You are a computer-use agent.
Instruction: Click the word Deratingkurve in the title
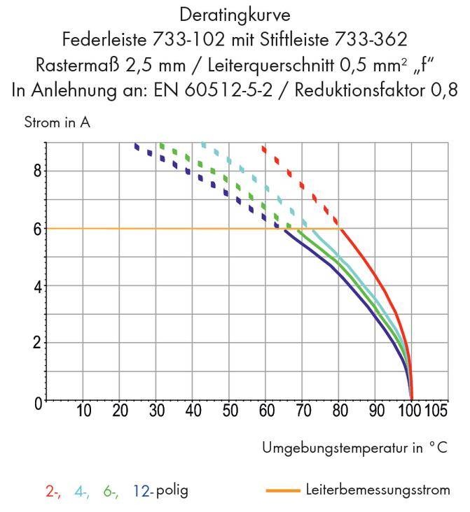[235, 14]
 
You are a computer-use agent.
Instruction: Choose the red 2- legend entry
[53, 491]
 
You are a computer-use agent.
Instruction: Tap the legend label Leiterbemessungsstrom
[378, 490]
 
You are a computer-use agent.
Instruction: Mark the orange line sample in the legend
[283, 490]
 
